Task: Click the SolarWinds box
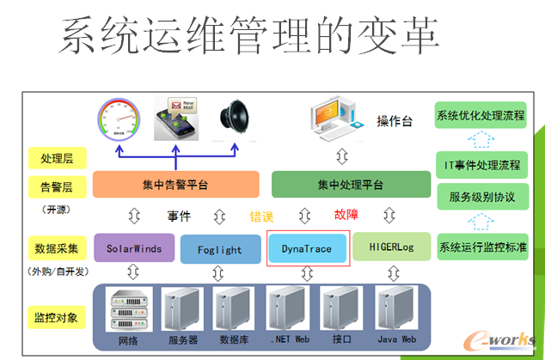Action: pyautogui.click(x=134, y=248)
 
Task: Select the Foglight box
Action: pyautogui.click(x=219, y=250)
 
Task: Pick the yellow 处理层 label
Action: pyautogui.click(x=57, y=158)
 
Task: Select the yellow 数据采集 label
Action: pyautogui.click(x=57, y=248)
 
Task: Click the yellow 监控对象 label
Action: pyautogui.click(x=57, y=316)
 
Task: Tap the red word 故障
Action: pyautogui.click(x=346, y=216)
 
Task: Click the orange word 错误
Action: pyautogui.click(x=262, y=216)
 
